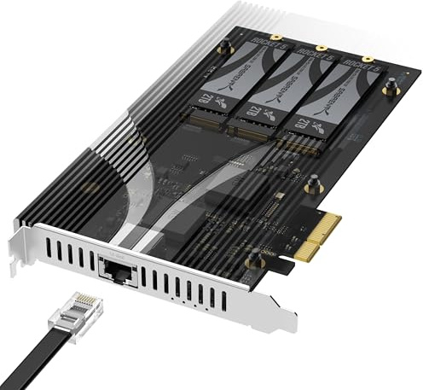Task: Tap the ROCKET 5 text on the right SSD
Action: tap(363, 73)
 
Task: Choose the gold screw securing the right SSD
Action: tap(368, 59)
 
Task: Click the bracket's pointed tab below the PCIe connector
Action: tap(281, 325)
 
